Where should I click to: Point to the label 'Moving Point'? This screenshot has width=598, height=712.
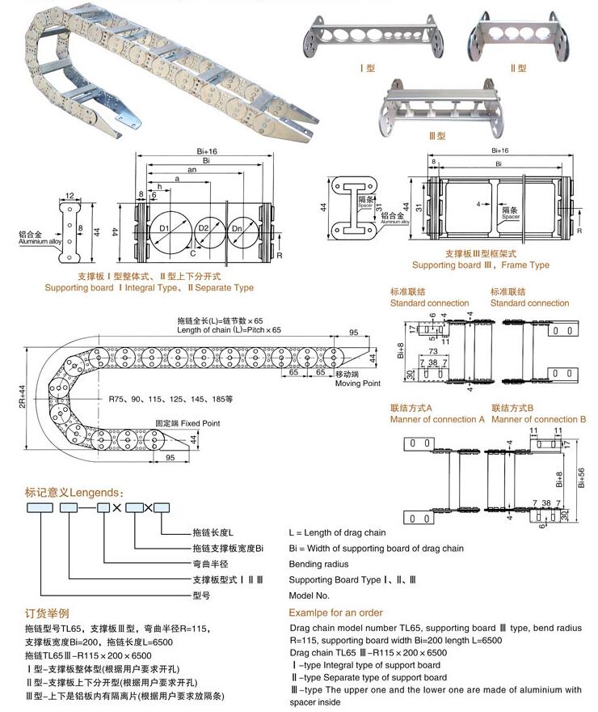click(358, 384)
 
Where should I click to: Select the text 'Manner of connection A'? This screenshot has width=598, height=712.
click(437, 419)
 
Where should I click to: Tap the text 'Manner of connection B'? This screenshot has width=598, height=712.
click(538, 419)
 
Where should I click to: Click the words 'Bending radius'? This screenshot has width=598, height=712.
click(320, 564)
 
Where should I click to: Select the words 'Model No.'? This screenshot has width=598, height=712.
click(311, 595)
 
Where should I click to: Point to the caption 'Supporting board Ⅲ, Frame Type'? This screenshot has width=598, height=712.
click(480, 265)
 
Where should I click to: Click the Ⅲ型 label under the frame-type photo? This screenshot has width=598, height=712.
click(437, 136)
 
